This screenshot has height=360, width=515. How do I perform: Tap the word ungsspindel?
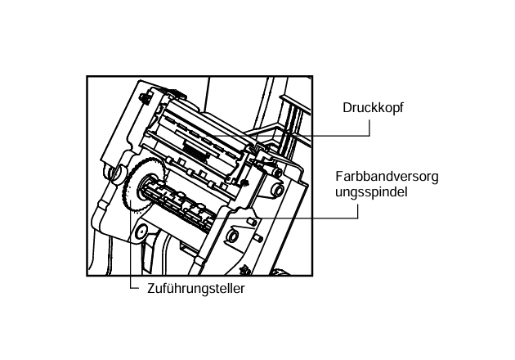point(370,192)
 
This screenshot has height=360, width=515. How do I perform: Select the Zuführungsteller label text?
point(195,288)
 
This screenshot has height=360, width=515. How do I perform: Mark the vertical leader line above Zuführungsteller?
point(130,262)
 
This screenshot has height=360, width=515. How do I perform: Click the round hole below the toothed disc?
point(142,232)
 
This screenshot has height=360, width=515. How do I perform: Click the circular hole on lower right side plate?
point(233,238)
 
